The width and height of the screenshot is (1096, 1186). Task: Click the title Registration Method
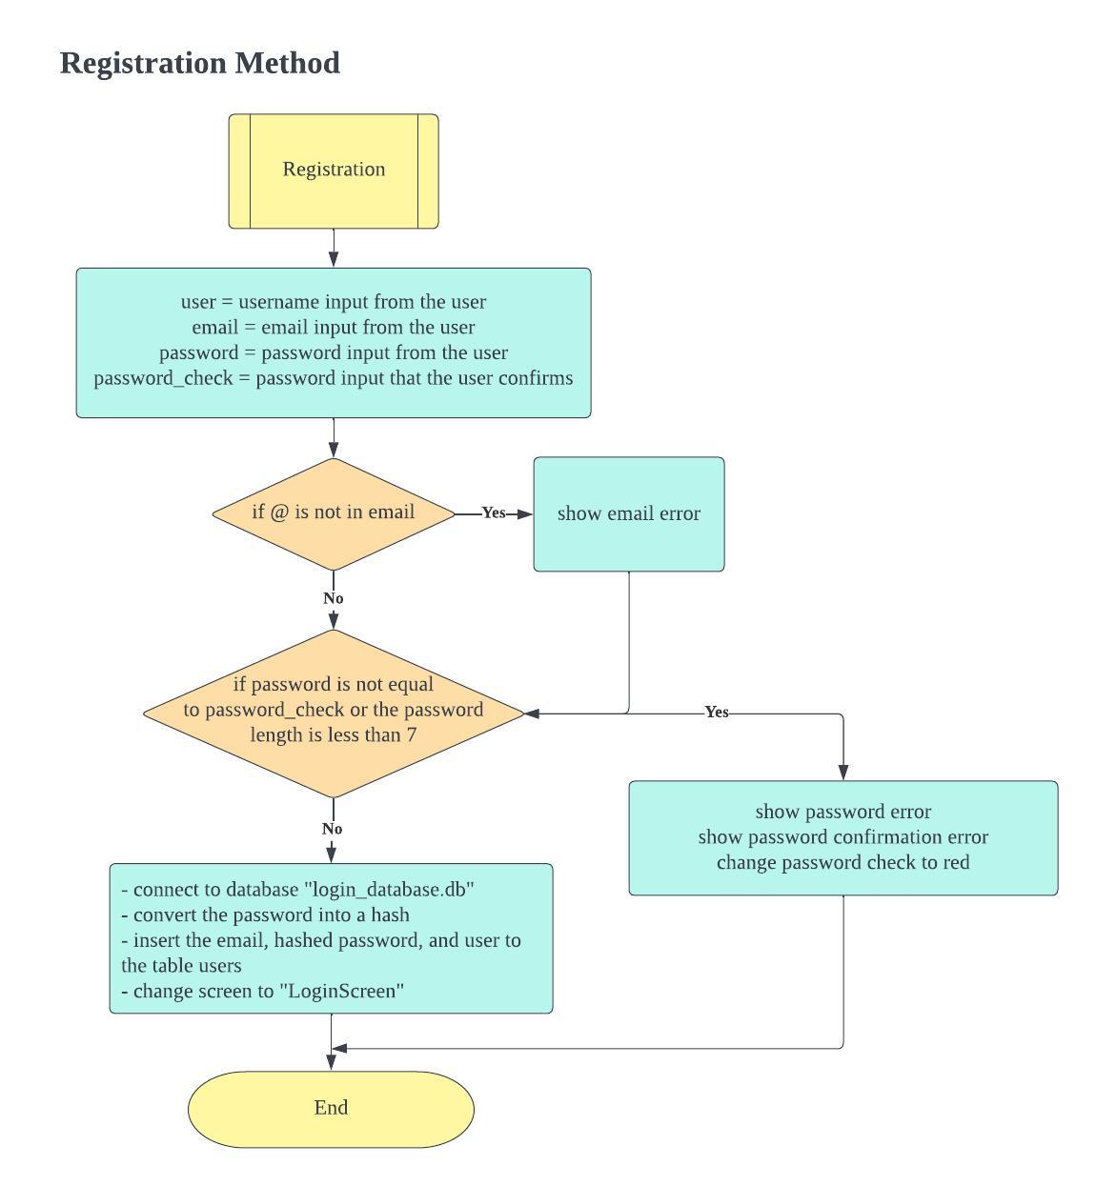199,63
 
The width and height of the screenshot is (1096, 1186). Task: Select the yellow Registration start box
334,171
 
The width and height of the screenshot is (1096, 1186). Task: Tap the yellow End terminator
331,1108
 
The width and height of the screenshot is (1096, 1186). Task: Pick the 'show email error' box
628,513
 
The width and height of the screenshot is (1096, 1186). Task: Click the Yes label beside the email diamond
493,513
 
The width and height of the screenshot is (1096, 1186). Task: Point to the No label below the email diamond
333,598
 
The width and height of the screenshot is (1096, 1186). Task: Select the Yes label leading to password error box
716,712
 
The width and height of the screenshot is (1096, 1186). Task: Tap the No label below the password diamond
332,829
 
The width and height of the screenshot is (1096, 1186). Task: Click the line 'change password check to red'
842,862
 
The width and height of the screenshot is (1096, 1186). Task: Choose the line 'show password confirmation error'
842,836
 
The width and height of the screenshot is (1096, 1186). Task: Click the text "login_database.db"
389,889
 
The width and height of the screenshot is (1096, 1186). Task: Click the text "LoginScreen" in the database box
341,991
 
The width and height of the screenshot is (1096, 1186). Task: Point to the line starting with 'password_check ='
333,378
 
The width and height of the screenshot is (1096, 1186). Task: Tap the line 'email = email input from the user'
333,327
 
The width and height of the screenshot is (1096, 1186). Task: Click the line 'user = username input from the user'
333,302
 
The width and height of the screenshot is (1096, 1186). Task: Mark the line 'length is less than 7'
333,734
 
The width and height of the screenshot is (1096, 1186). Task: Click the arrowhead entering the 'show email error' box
524,513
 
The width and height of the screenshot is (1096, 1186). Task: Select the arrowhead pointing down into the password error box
842,772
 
